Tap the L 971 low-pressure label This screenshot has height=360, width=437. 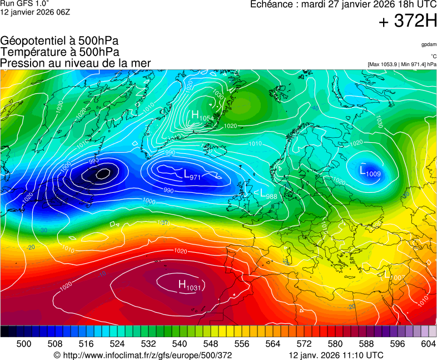[x=192, y=175]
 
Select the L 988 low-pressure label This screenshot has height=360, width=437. [x=269, y=194]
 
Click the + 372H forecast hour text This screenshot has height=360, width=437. [x=408, y=22]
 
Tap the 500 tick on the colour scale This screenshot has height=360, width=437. [x=24, y=344]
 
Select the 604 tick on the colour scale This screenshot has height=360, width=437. [x=428, y=344]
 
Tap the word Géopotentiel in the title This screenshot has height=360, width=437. [x=34, y=41]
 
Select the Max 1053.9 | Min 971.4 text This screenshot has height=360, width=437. [x=402, y=64]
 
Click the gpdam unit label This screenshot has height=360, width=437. [x=429, y=44]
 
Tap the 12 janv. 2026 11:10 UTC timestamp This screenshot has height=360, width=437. [x=336, y=355]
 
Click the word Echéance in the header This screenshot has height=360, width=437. [x=271, y=4]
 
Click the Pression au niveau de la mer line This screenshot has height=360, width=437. [x=76, y=63]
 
